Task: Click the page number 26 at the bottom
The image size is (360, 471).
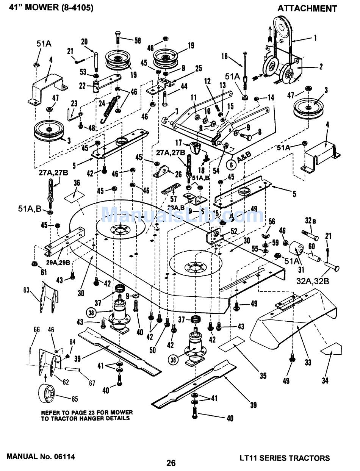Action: pos(171,463)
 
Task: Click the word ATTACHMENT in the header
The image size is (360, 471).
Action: pos(307,8)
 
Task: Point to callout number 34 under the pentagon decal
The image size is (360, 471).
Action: pos(325,381)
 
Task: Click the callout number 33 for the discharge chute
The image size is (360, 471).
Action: pos(308,362)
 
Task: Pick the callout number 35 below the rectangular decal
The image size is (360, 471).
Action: pos(263,376)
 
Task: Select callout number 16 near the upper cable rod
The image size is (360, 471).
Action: pos(225,56)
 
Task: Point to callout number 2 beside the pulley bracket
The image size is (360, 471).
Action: pos(321,67)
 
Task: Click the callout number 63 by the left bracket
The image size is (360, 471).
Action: pos(26,291)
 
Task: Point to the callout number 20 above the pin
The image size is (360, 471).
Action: pos(84,41)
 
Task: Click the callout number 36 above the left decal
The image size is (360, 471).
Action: pos(77,183)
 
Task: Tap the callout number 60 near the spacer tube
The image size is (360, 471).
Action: pos(311,246)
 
